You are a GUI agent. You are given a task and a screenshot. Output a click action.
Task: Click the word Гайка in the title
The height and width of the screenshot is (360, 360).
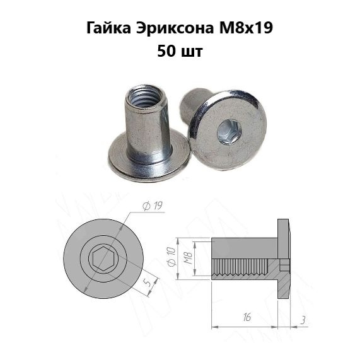[109, 28]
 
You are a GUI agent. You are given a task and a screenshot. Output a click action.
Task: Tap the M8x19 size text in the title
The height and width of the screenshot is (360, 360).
[246, 28]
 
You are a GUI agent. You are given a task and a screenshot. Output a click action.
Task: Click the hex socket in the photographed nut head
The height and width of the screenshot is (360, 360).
[229, 133]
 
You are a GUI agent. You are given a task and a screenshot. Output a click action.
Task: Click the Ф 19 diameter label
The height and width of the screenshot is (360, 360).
[153, 206]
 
